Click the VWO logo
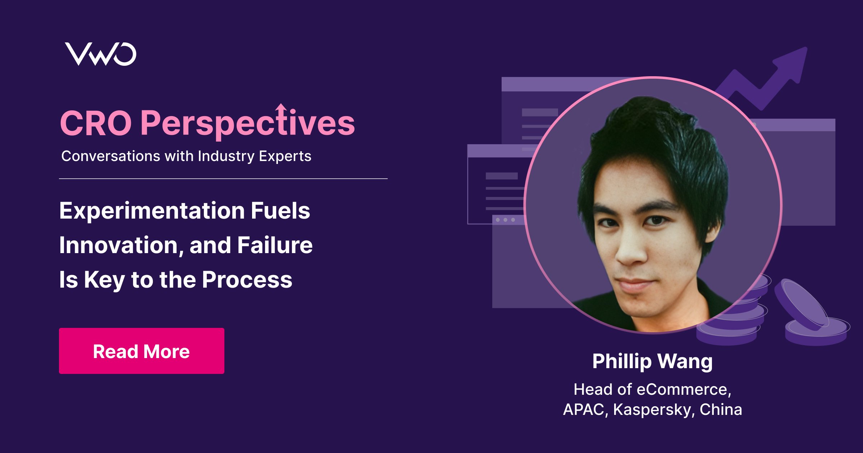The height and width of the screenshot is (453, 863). coord(100,54)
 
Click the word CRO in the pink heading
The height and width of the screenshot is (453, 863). coord(96,123)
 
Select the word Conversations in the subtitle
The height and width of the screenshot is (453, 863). coord(110,156)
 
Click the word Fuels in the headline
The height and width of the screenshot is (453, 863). coord(280,211)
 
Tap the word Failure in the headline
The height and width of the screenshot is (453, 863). coord(275,245)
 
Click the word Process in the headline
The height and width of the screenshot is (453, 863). coord(247,280)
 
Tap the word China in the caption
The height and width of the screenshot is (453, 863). coord(721,409)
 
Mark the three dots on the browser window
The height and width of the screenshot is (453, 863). coord(505,220)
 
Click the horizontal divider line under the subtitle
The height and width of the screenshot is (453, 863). coord(223,178)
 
